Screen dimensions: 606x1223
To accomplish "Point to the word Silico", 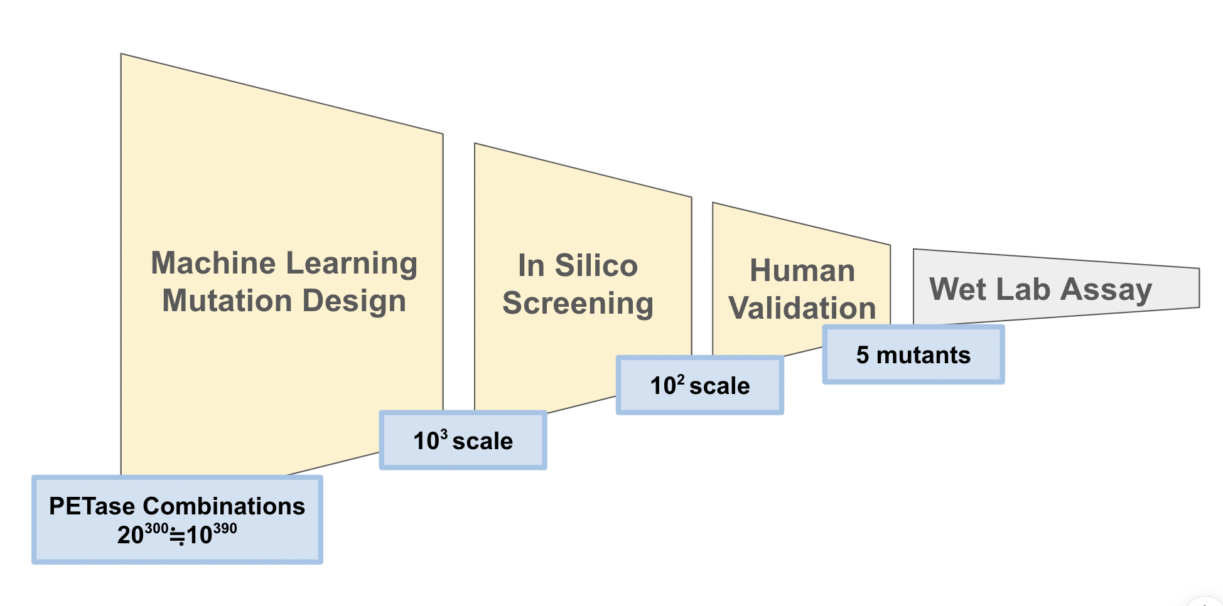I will (x=596, y=265).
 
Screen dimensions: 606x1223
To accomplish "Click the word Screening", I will (x=578, y=304).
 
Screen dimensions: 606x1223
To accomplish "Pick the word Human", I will (x=802, y=271).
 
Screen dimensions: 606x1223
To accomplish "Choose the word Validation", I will (x=802, y=309).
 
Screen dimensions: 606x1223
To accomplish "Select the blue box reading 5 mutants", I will (x=913, y=355).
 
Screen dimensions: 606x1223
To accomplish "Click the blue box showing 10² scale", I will (x=699, y=386).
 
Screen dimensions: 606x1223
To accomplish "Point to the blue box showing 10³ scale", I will (x=463, y=441).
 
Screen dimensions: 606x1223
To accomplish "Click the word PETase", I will (x=92, y=506).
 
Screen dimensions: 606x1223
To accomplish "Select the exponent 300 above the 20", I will (x=156, y=528).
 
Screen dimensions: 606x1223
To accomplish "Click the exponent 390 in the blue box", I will (x=225, y=528).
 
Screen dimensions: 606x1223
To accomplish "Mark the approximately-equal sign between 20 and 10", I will (x=178, y=536).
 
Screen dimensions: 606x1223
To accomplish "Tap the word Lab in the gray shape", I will (x=1023, y=289).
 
